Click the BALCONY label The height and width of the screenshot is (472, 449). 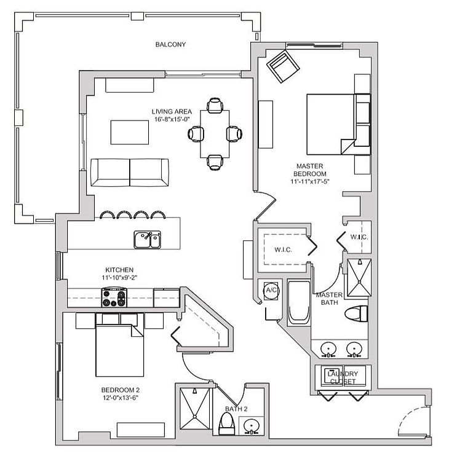click(170, 44)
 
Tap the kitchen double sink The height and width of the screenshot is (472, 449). click(148, 240)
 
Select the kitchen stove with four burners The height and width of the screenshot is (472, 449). click(114, 297)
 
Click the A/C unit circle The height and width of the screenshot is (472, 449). click(271, 290)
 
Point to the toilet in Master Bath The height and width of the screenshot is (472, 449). click(356, 313)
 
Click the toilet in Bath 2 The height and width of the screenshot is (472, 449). click(226, 423)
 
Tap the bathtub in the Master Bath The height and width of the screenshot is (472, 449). click(299, 302)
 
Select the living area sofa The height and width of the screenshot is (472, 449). click(130, 173)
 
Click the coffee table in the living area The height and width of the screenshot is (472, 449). click(130, 132)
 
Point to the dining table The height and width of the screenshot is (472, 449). click(215, 134)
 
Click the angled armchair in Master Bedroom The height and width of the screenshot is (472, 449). click(283, 66)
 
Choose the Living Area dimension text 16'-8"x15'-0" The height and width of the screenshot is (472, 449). click(172, 119)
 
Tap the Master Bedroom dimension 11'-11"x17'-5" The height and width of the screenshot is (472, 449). click(310, 181)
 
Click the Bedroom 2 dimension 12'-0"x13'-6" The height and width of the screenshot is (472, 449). click(120, 398)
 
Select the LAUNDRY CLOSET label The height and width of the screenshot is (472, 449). click(343, 377)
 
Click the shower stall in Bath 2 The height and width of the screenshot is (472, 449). click(194, 408)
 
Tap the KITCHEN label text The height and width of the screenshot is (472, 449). click(119, 270)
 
